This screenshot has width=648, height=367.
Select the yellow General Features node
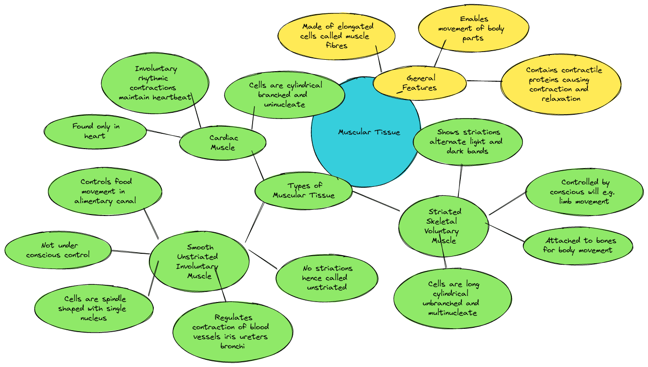tap(420, 83)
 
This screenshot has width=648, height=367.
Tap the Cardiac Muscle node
tap(223, 142)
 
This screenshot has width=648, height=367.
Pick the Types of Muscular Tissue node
tap(304, 190)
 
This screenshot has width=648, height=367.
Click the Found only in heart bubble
tap(95, 131)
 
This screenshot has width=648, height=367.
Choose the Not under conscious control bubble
tap(58, 250)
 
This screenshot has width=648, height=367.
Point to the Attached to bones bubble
tap(578, 245)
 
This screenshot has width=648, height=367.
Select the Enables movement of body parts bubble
tap(473, 29)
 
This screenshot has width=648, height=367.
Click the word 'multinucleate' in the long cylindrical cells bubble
tap(453, 313)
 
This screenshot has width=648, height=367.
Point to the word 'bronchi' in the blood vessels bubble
tap(232, 346)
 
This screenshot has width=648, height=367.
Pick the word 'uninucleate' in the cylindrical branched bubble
tap(285, 104)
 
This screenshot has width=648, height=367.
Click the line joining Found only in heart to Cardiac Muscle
tap(163, 133)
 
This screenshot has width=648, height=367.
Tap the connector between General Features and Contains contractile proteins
tap(484, 81)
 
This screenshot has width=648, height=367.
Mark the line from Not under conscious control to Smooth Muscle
tap(130, 252)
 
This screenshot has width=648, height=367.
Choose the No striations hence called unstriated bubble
tap(327, 278)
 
